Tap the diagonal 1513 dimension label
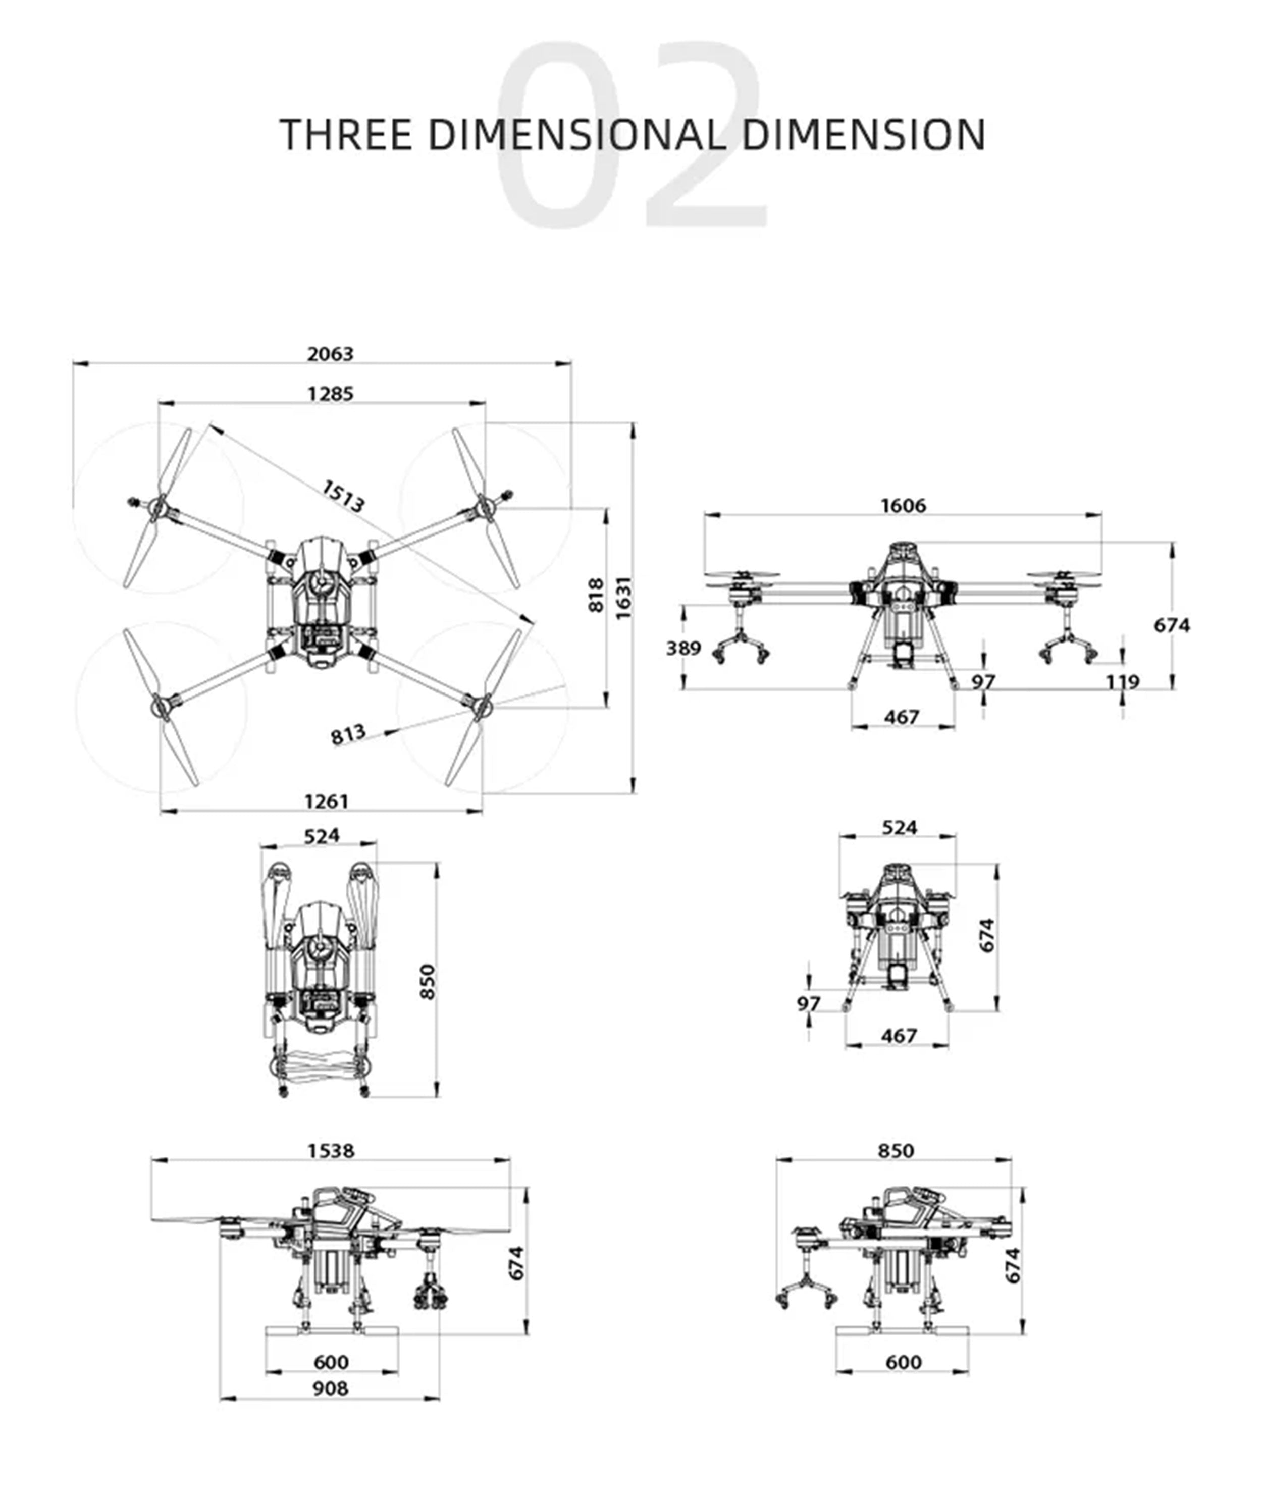(343, 496)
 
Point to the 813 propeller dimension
(348, 734)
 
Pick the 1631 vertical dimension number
(624, 598)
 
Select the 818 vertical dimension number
(595, 595)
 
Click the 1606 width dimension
(903, 506)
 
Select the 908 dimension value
(331, 1409)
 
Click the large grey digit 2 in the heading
(705, 136)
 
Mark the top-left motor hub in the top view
(159, 509)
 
